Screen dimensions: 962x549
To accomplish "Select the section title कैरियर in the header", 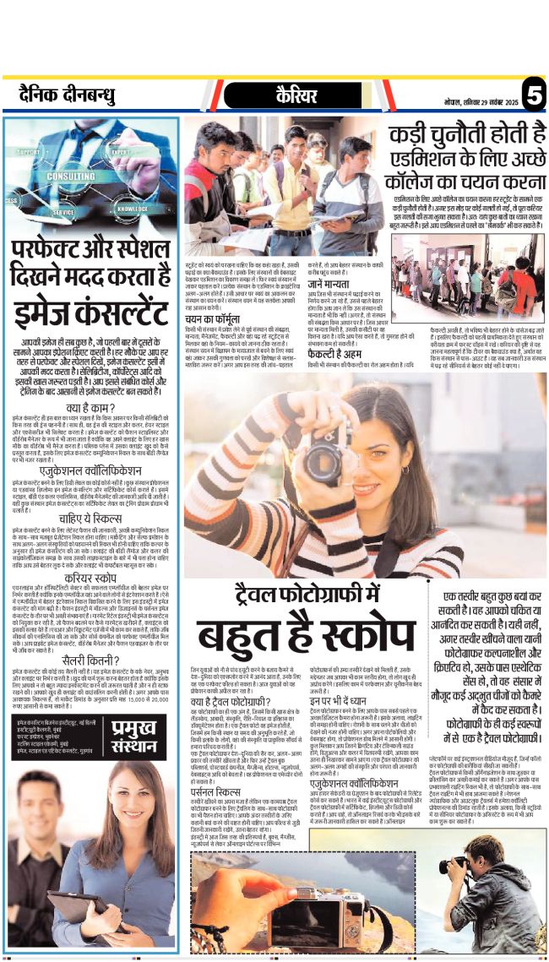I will pos(296,96).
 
